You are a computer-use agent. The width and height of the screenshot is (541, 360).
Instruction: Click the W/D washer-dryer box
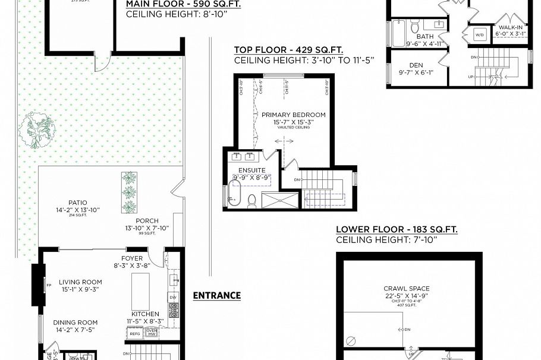click(479, 35)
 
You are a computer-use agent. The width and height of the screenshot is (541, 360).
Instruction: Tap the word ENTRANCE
click(217, 295)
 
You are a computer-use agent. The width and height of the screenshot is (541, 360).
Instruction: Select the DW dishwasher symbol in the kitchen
click(173, 297)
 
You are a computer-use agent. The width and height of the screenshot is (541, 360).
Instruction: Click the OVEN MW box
click(152, 332)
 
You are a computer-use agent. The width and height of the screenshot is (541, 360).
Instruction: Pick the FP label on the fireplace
click(40, 285)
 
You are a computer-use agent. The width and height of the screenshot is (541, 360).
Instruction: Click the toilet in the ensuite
click(251, 200)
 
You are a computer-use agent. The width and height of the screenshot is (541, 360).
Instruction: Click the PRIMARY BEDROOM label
click(285, 115)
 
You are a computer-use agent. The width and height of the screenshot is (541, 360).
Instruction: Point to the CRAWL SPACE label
click(406, 289)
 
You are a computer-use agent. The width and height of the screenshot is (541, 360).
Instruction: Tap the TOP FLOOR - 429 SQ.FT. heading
click(288, 50)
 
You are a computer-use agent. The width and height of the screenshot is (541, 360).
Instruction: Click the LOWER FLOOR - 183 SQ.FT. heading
click(397, 229)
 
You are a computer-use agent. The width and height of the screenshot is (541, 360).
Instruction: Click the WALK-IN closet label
click(509, 27)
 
